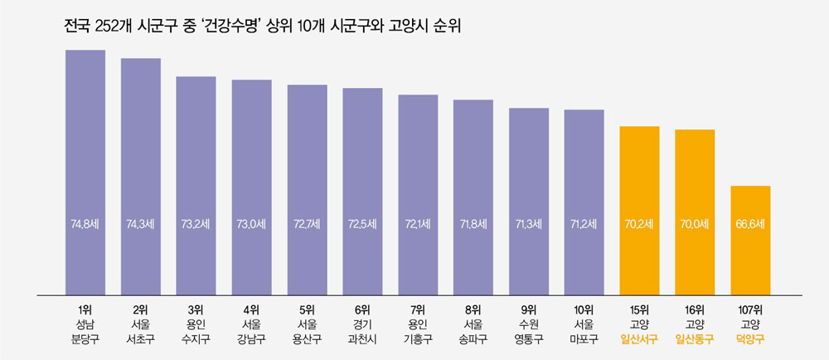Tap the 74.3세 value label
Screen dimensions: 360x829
click(x=141, y=224)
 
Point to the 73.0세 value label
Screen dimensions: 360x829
click(x=251, y=224)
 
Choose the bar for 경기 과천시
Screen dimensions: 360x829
click(x=362, y=191)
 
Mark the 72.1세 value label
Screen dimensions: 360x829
click(x=418, y=224)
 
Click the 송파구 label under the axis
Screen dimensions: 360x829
click(x=473, y=338)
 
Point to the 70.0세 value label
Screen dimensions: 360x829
click(x=695, y=224)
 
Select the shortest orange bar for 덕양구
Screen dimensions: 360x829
click(x=750, y=240)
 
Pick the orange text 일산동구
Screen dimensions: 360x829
click(x=695, y=338)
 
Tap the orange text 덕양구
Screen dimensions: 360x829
click(x=750, y=338)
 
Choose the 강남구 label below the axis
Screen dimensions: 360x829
click(x=251, y=338)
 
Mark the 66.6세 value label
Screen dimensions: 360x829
click(x=750, y=224)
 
